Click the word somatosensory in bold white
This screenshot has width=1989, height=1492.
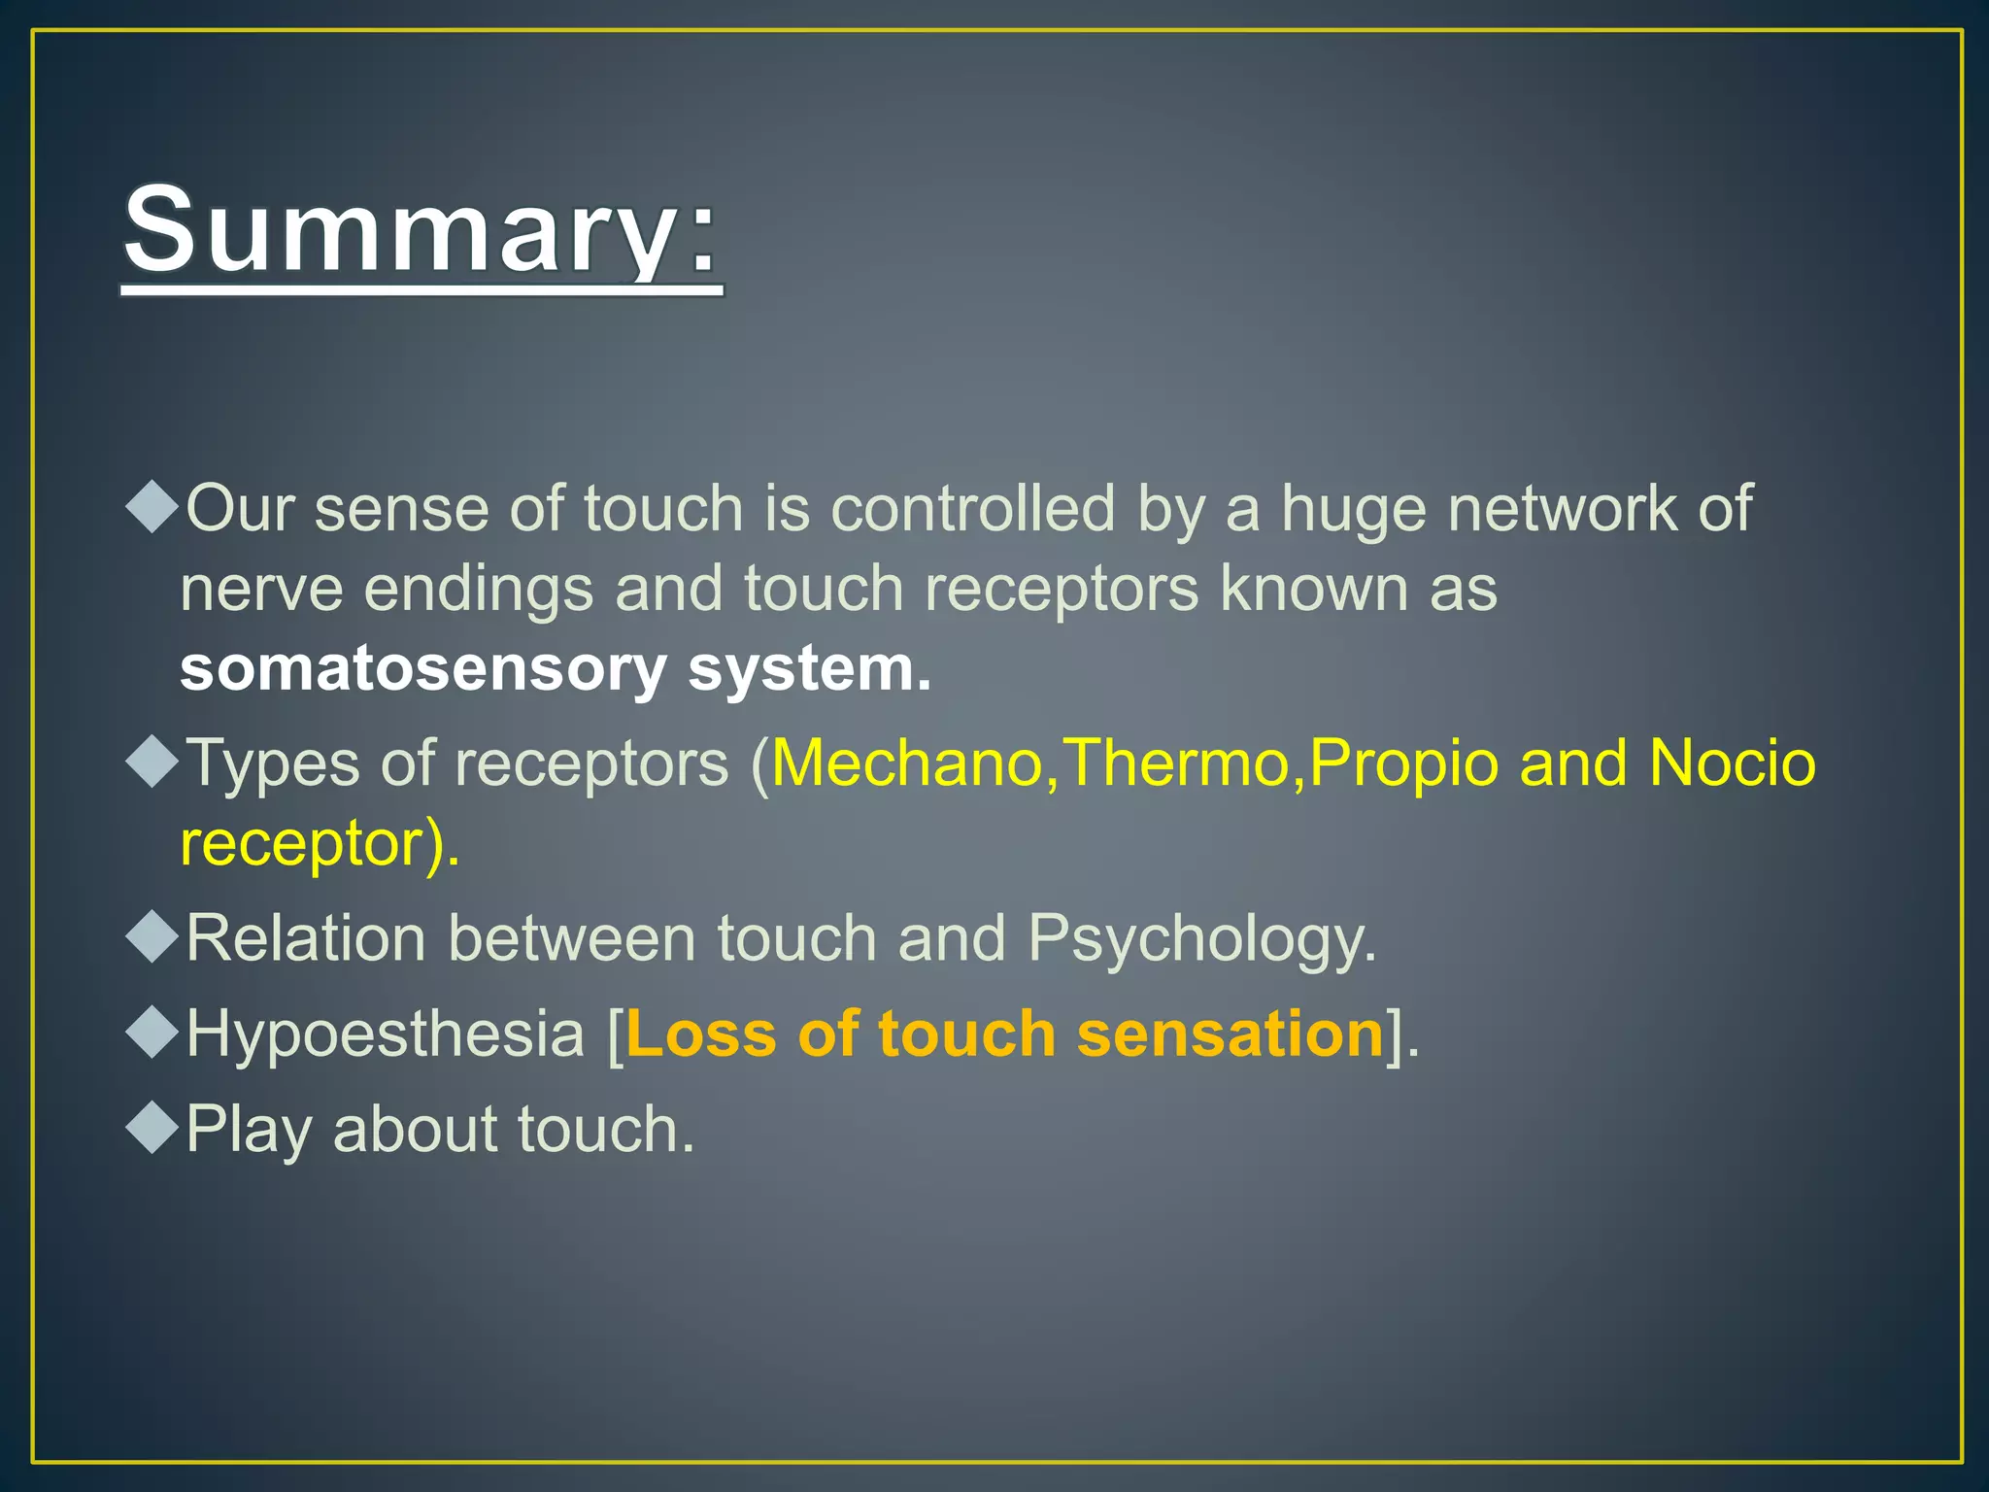(x=422, y=670)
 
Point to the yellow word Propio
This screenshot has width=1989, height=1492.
(x=1403, y=763)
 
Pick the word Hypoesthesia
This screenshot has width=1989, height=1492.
(x=385, y=1034)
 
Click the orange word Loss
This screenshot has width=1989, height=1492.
(x=700, y=1034)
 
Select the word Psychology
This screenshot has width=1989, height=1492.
(x=1201, y=939)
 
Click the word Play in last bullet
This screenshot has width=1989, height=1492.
(x=249, y=1130)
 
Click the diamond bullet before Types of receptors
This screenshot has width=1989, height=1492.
(x=153, y=761)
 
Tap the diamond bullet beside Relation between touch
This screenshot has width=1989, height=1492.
(x=153, y=936)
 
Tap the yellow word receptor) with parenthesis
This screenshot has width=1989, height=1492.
(x=320, y=843)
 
